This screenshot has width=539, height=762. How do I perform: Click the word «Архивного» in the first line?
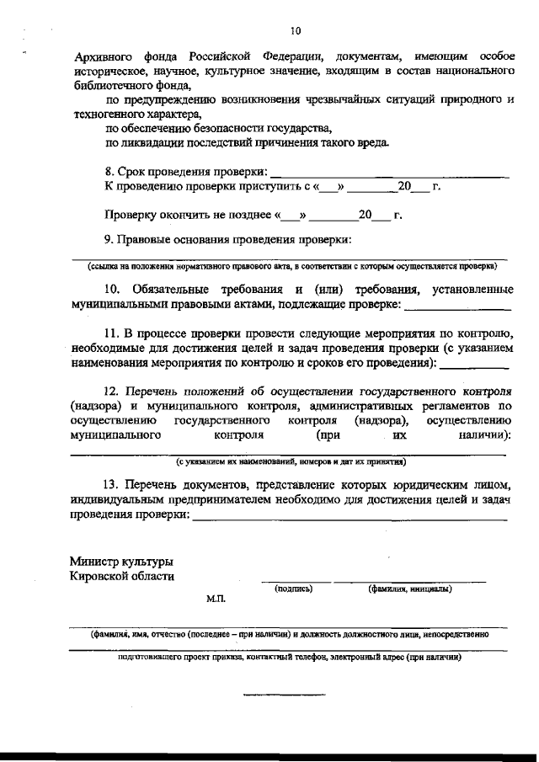102,56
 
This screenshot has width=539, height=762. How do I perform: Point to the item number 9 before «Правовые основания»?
108,240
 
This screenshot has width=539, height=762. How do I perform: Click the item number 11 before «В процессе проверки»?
111,333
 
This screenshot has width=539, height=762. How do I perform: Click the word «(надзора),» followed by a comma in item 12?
381,420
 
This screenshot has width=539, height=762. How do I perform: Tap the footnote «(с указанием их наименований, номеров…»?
291,461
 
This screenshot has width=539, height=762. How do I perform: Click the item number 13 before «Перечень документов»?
111,486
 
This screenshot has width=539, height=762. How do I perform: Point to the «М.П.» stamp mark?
216,600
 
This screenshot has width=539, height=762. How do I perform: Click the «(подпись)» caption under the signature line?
294,589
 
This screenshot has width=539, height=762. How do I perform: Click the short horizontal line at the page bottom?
284,695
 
